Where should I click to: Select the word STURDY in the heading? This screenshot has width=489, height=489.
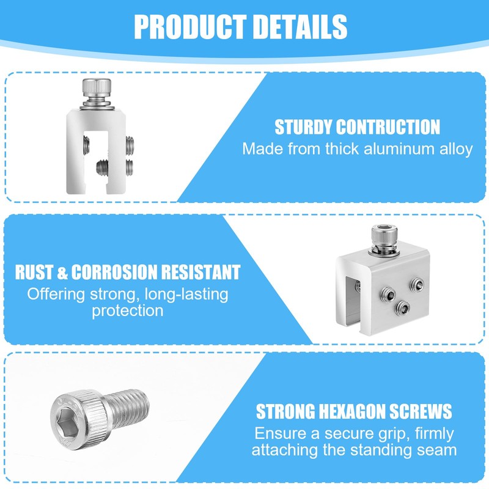pyautogui.click(x=304, y=127)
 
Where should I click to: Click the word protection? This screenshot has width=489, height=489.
pyautogui.click(x=128, y=311)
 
